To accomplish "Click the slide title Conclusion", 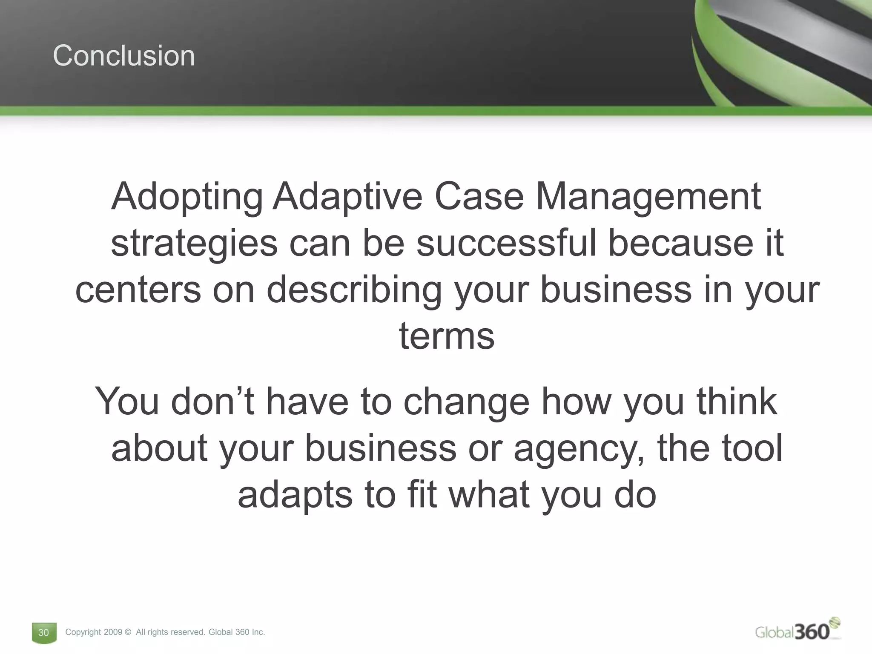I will (124, 56).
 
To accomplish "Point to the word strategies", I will (194, 244).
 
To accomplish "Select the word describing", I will (354, 291).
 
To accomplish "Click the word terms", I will (447, 336).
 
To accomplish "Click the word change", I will (466, 402).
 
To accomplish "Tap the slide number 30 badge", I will (44, 632).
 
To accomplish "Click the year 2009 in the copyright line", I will (113, 632).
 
